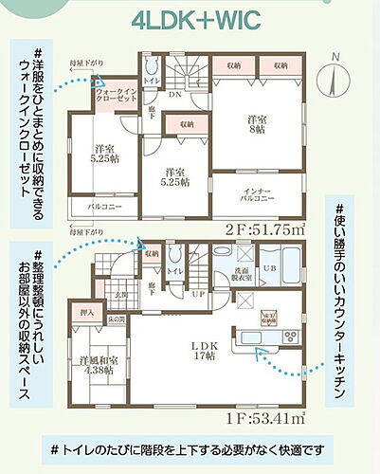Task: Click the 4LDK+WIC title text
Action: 190,21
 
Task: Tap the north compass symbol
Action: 333,71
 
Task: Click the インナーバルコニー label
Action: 256,195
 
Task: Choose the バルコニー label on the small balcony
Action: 101,206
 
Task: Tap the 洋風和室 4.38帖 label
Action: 97,365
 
